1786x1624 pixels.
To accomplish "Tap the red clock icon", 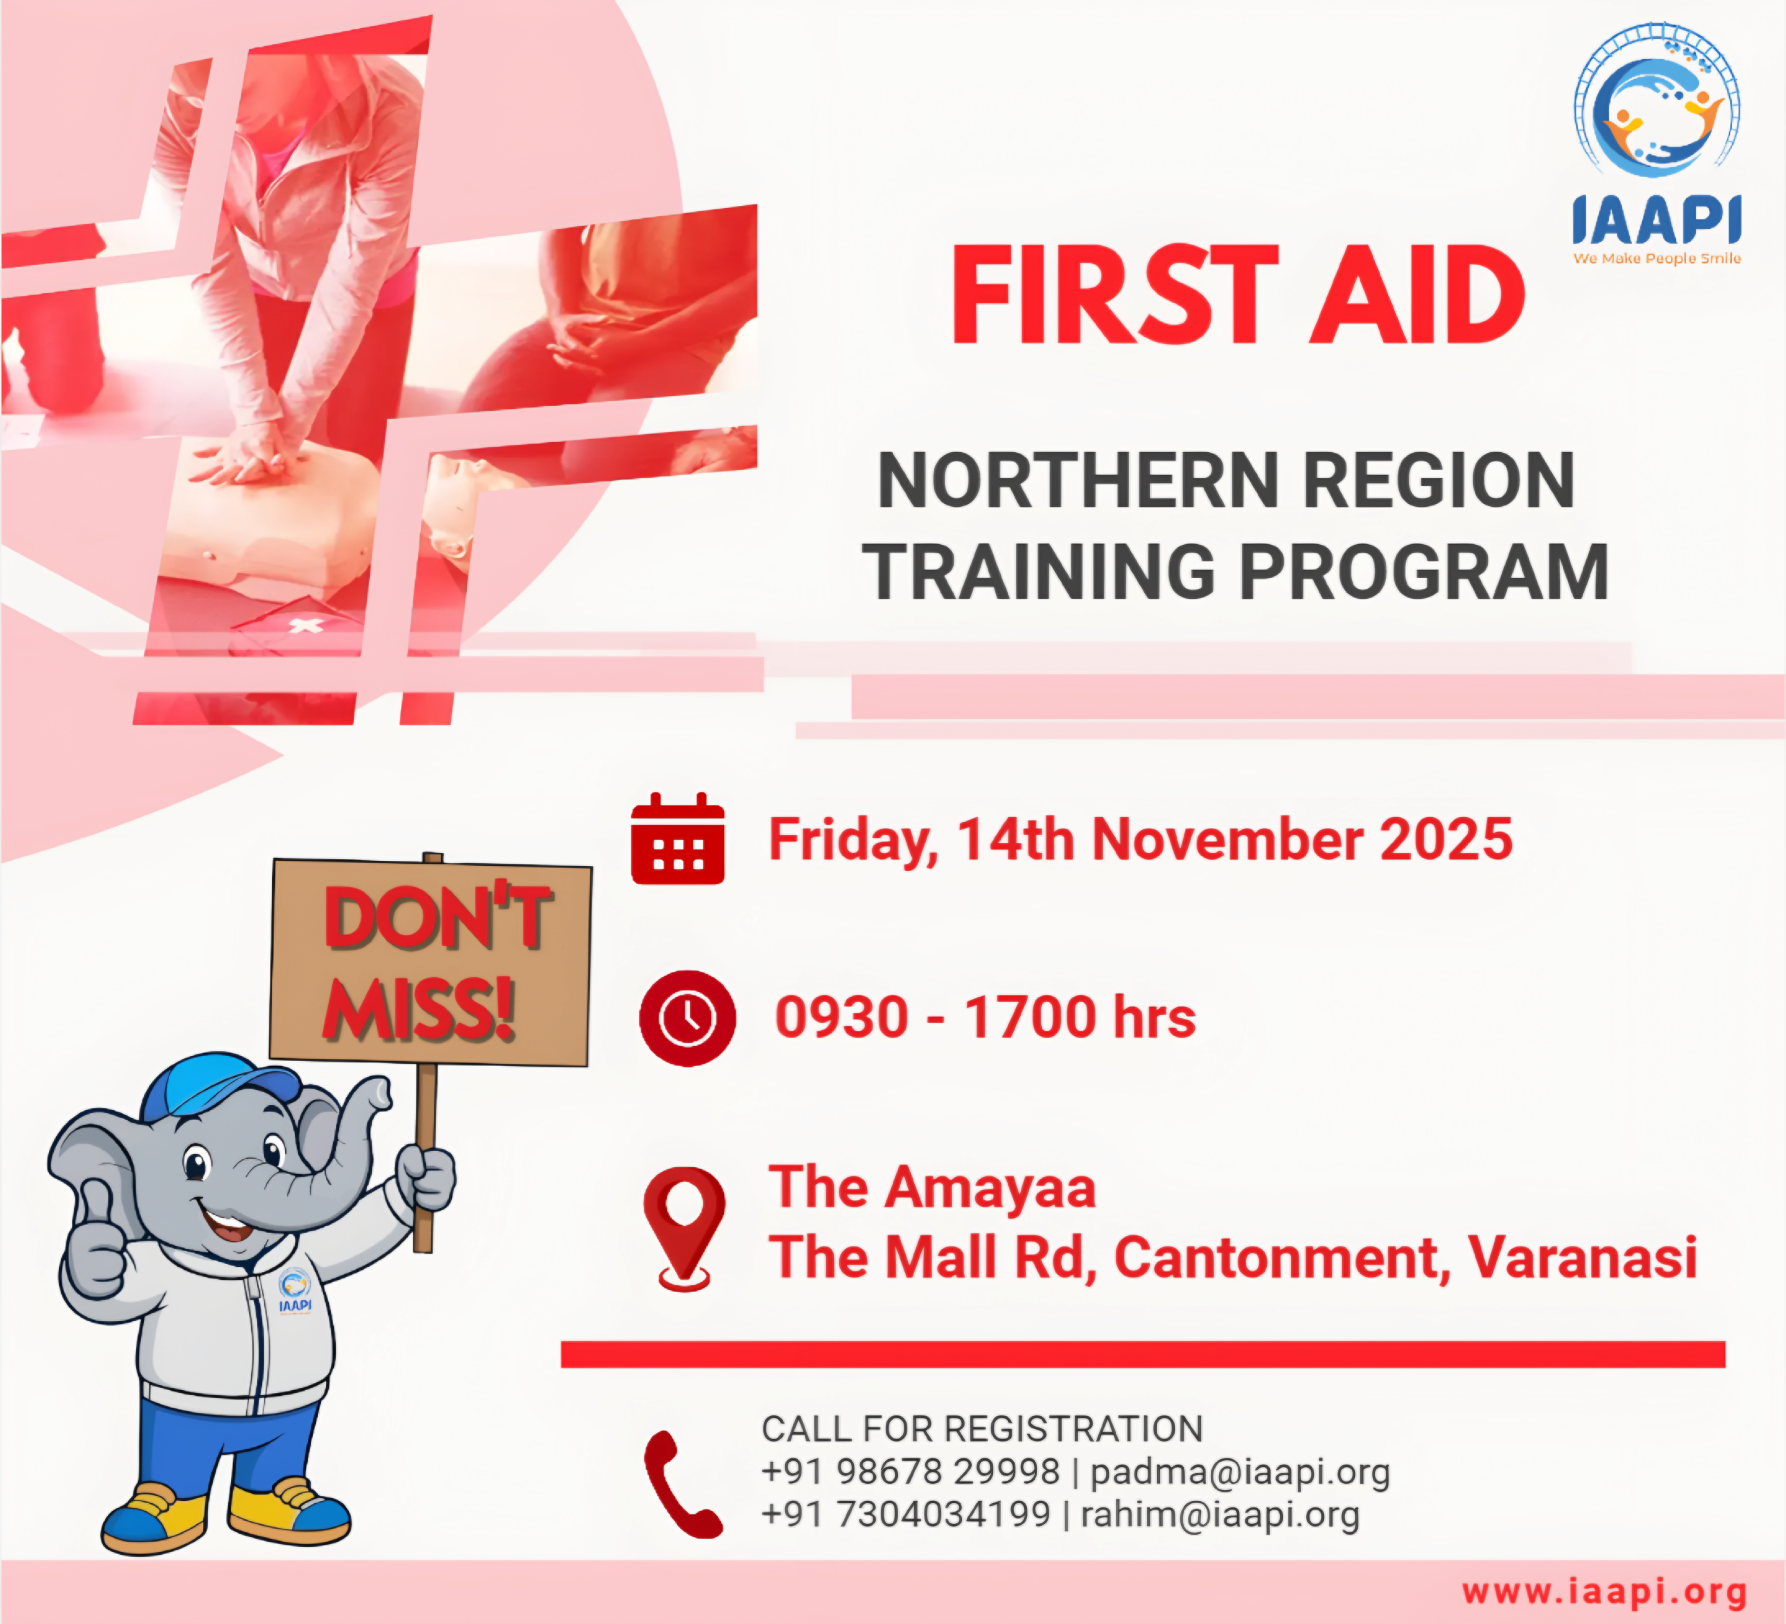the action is click(688, 1018).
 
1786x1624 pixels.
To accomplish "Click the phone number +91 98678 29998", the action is click(911, 1471).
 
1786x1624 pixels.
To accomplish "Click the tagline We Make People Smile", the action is click(1656, 258).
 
